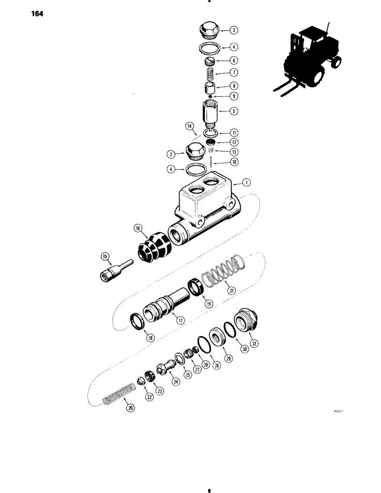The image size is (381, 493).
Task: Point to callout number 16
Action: (137, 228)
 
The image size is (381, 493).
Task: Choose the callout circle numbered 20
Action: (130, 407)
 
